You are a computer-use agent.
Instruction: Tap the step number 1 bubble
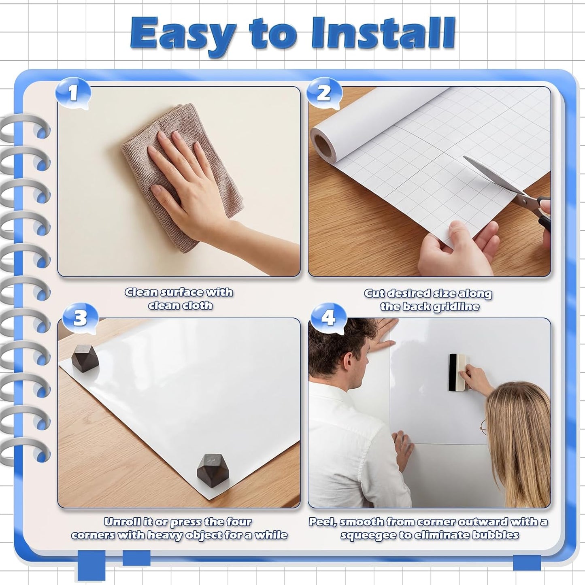point(73,94)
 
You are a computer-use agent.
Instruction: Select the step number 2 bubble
point(324,94)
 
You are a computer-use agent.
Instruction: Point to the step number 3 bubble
point(80,318)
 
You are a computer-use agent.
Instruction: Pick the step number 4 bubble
point(328,318)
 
